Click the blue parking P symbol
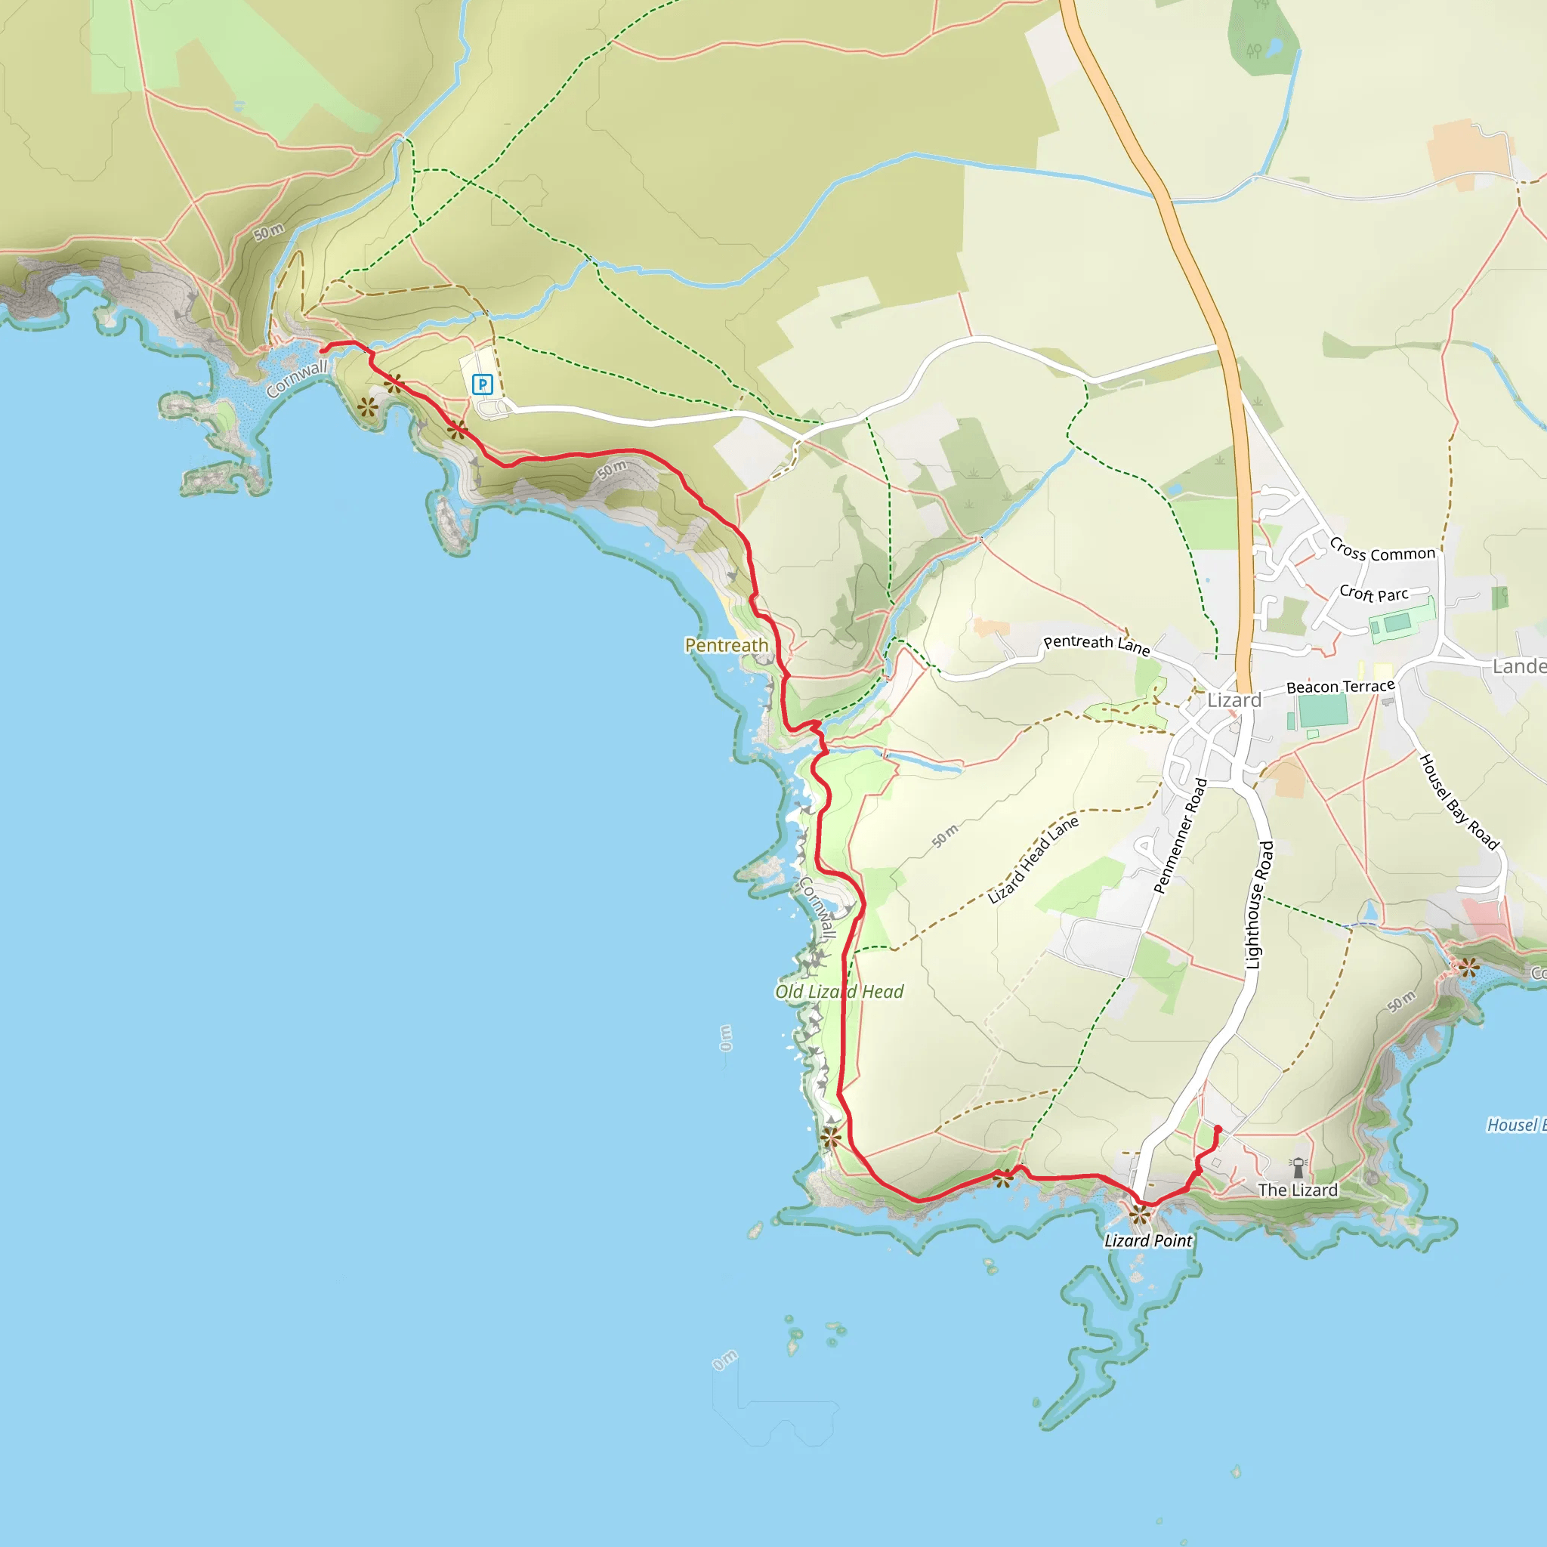click(482, 384)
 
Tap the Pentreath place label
click(726, 645)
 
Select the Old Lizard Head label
click(839, 991)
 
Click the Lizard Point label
click(1147, 1240)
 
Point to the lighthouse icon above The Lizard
click(1298, 1169)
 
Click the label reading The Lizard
click(1297, 1190)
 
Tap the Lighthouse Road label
click(1258, 905)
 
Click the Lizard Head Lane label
click(1032, 860)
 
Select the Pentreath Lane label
click(1096, 644)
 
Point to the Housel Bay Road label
click(1458, 801)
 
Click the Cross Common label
click(1382, 550)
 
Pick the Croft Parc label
click(1373, 593)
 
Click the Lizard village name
click(1234, 699)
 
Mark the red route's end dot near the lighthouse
click(1218, 1129)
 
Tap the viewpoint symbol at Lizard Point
click(1139, 1215)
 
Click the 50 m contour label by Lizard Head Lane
click(945, 835)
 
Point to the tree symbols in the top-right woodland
click(1254, 51)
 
